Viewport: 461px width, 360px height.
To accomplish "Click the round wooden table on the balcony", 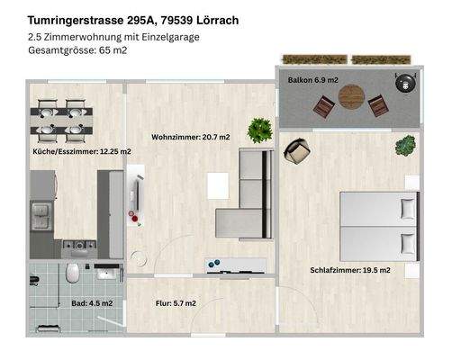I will click(x=352, y=96).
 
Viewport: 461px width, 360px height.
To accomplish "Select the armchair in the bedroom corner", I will click(x=294, y=152).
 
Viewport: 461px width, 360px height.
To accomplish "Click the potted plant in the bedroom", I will click(x=405, y=144).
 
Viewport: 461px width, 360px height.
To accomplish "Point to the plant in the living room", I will click(x=261, y=129).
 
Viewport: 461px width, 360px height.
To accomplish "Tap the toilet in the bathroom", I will click(x=72, y=274).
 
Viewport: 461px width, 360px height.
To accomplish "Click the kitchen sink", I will click(x=41, y=216).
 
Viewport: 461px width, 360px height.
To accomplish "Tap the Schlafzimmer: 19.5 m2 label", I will click(x=350, y=270).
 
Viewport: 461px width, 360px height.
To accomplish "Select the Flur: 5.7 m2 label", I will click(x=176, y=303).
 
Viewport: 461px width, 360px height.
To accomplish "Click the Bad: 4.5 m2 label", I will click(x=92, y=303).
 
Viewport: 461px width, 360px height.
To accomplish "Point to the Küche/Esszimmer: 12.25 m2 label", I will click(x=82, y=152).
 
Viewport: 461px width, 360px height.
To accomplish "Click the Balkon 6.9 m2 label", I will click(x=312, y=81).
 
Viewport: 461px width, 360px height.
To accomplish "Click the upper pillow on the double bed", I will click(x=408, y=209).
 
